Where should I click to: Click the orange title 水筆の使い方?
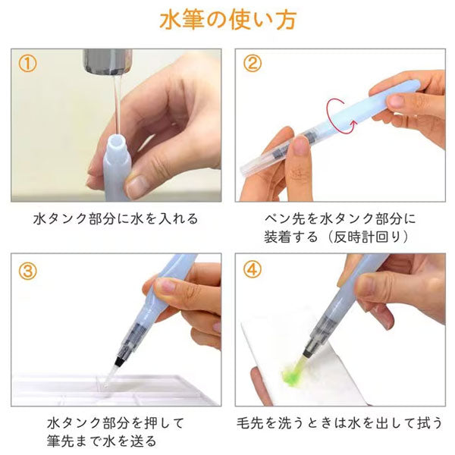coord(227,20)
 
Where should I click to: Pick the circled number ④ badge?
coord(253,269)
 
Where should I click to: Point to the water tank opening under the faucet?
coord(115,142)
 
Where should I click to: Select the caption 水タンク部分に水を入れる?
coord(116,218)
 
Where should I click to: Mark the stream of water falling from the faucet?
coord(115,106)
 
